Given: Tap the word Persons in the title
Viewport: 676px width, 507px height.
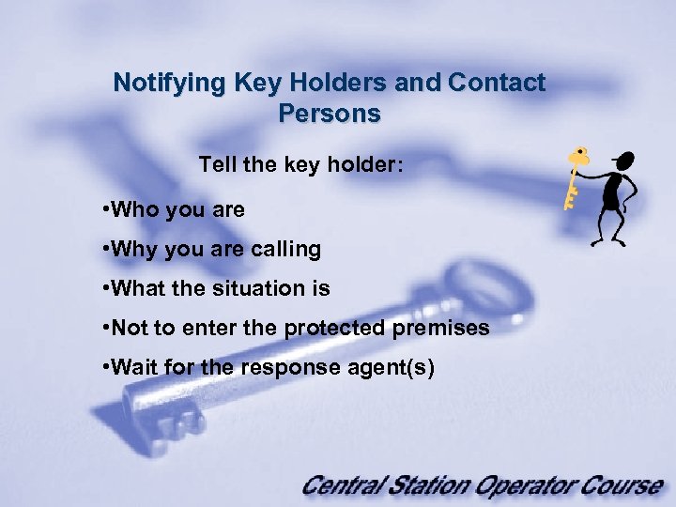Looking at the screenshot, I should [330, 114].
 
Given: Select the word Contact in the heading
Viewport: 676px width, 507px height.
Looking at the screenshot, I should [497, 83].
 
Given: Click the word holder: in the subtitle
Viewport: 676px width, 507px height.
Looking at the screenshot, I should [368, 165].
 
